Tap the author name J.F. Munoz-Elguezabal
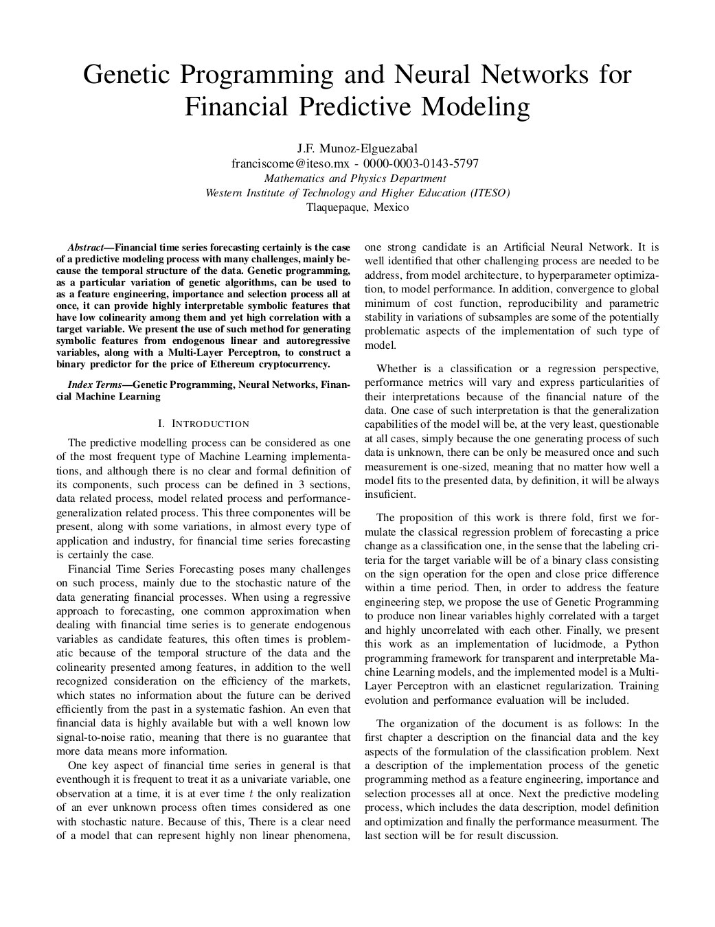(357, 148)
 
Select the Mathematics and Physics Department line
(357, 179)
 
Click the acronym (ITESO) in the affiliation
(490, 193)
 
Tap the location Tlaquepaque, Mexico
(357, 207)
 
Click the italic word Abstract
(85, 247)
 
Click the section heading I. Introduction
(203, 424)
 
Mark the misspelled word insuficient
(390, 494)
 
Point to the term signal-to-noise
(92, 737)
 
